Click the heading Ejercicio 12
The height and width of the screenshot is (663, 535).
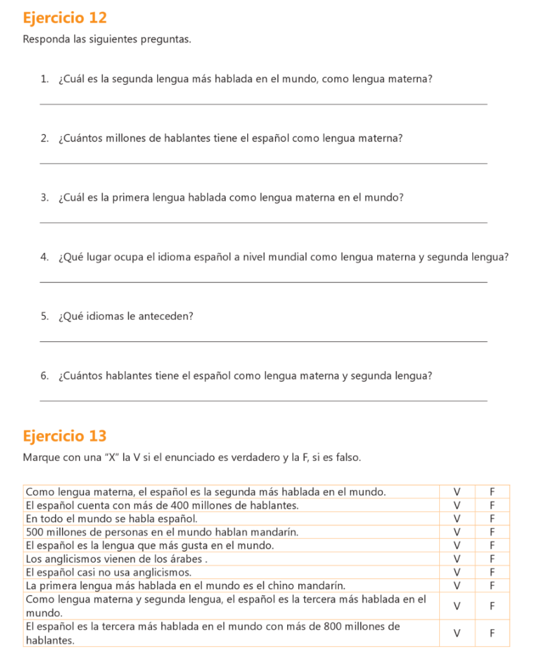[x=65, y=17]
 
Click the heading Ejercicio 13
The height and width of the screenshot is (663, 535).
[x=65, y=436]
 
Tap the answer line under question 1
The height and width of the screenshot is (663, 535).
[x=263, y=104]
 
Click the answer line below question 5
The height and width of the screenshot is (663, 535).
[x=263, y=341]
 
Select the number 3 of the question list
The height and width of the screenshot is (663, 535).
[x=43, y=197]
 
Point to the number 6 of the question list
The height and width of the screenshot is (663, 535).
[x=43, y=376]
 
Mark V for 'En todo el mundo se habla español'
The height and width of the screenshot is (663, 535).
[x=457, y=519]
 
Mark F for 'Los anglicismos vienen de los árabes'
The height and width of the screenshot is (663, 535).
[x=492, y=558]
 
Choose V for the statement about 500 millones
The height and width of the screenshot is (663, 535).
[x=457, y=532]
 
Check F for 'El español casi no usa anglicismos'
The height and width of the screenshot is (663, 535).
[x=492, y=572]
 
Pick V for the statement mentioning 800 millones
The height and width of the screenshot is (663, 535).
[x=457, y=633]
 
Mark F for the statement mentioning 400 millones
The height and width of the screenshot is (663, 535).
[x=492, y=505]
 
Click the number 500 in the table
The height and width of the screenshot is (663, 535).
[x=34, y=532]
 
